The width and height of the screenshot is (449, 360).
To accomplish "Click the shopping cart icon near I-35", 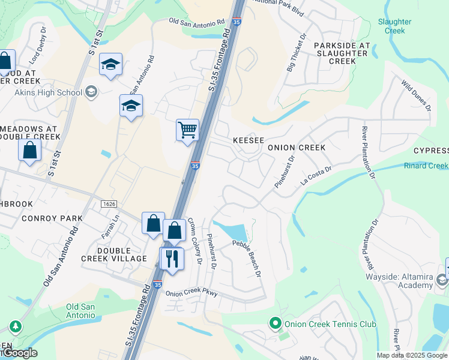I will coord(187,130).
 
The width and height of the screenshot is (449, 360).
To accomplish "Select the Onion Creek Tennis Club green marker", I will coord(276,324).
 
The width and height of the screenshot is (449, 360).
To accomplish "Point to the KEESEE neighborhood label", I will coord(249,140).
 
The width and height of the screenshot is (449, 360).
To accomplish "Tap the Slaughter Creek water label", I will coord(394,26).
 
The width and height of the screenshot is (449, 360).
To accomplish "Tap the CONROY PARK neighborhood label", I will coord(52,218).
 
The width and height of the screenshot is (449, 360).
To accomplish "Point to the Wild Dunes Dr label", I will coord(416,96).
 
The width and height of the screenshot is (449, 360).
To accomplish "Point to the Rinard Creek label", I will coord(426,166).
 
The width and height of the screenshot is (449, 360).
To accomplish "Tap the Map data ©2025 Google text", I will coord(411,355).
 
